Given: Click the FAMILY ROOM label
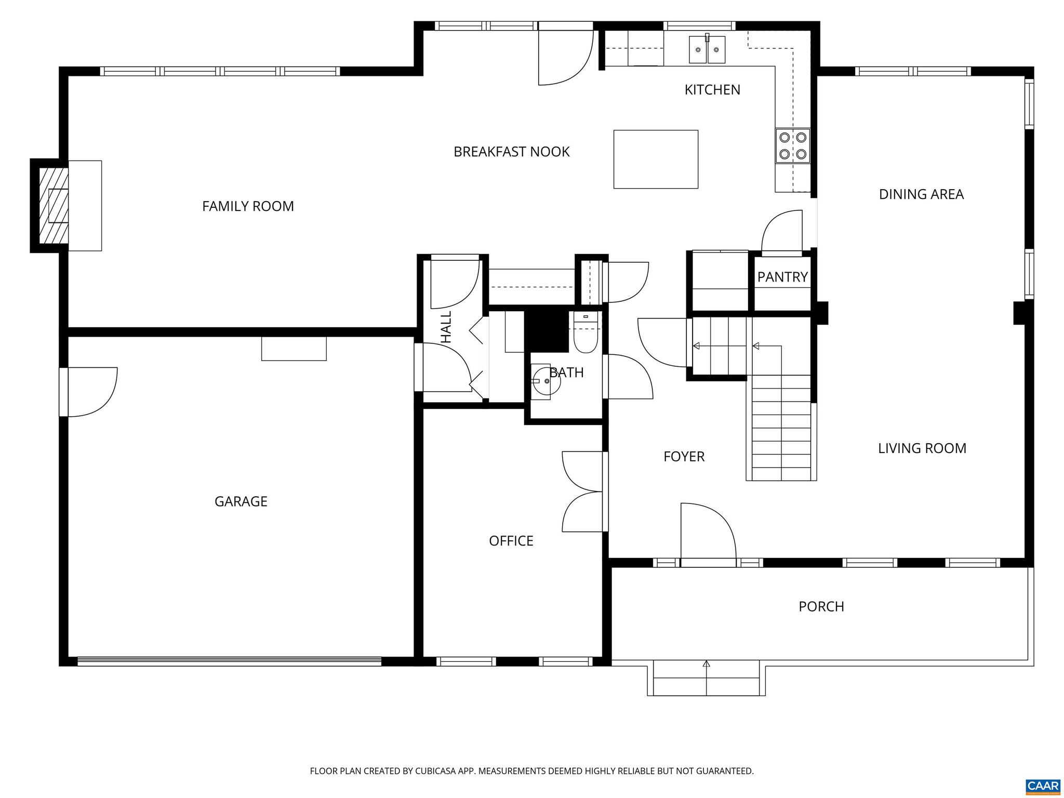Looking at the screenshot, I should coord(248,206).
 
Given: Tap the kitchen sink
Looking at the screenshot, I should coord(707,50).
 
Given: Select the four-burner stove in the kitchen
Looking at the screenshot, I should coord(793,145).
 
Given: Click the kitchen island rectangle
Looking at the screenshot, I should coord(656,159).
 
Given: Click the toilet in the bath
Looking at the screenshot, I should coord(586,336).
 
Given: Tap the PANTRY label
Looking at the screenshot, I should coord(782,277).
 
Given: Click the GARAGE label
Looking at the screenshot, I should coord(241,501).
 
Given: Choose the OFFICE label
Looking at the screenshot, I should coord(511,541).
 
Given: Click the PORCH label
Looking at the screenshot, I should coord(821,606).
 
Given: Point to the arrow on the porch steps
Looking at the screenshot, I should coord(706,664).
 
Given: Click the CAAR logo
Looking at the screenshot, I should coord(1043,784).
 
